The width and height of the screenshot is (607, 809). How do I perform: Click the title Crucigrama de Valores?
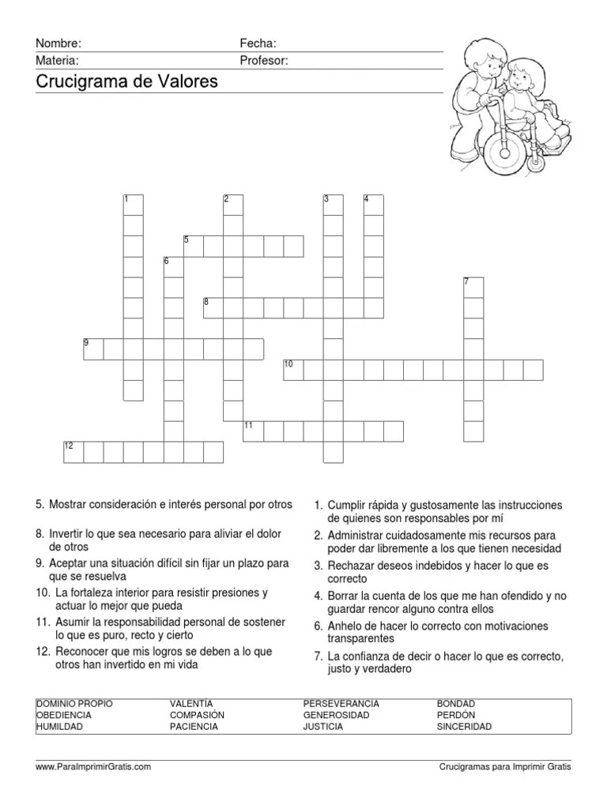tap(126, 82)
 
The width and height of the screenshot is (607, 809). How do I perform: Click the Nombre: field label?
tap(58, 43)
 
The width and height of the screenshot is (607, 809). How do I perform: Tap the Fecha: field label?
tap(258, 43)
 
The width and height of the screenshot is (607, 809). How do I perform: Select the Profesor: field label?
tap(264, 60)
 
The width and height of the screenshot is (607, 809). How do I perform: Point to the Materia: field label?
tap(57, 60)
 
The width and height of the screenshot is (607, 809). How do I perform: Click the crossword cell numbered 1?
tap(134, 205)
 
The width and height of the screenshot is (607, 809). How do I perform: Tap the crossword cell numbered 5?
tap(194, 246)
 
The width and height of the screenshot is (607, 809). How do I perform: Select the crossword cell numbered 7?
tap(473, 287)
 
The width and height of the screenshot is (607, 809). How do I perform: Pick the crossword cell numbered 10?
tap(293, 369)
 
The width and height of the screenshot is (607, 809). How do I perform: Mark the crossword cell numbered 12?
tap(74, 451)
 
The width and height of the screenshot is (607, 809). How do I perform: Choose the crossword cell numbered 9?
tap(93, 348)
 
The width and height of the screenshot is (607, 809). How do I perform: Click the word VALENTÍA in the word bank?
tap(191, 703)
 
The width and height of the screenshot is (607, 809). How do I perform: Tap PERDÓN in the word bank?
tap(456, 715)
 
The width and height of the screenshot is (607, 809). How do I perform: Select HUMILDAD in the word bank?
tap(59, 727)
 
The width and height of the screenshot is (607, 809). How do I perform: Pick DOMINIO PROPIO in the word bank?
tap(74, 703)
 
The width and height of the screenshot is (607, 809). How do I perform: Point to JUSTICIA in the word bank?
tap(322, 727)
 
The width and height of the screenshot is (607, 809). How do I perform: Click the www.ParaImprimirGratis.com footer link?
tap(93, 766)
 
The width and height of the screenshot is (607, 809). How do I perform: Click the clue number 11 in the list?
tap(42, 623)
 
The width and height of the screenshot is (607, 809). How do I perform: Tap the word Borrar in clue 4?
tap(345, 596)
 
